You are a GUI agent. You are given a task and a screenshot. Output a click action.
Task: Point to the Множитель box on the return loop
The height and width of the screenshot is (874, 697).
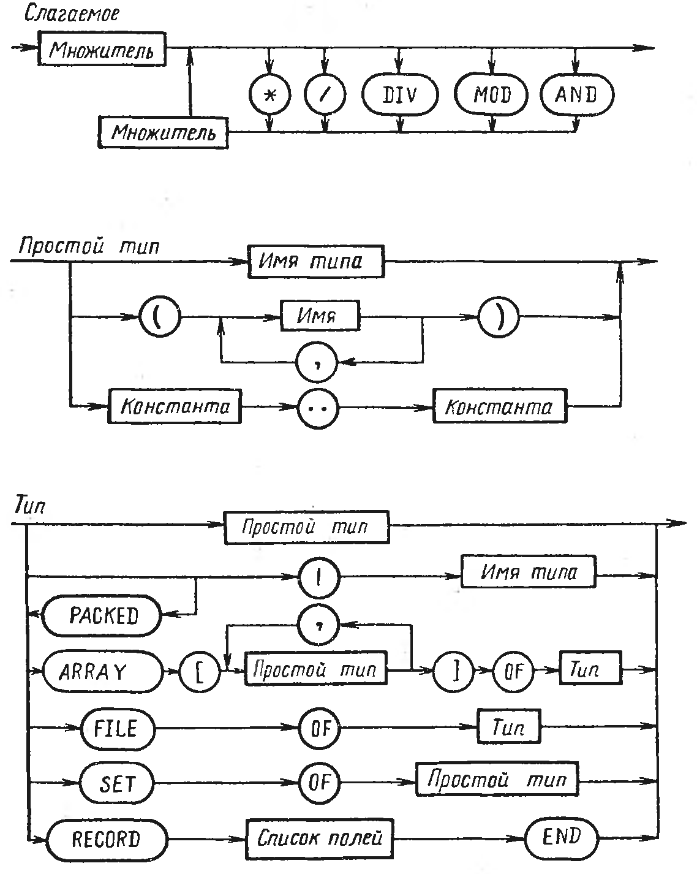pos(163,131)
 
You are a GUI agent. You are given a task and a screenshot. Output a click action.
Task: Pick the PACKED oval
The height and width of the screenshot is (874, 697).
pos(102,615)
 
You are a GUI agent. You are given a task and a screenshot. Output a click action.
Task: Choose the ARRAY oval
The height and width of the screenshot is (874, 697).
pos(102,672)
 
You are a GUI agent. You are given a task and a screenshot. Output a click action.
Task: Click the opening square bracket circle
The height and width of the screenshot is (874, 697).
pos(201,672)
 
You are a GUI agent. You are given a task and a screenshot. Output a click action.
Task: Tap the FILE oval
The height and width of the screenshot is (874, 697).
pos(117,728)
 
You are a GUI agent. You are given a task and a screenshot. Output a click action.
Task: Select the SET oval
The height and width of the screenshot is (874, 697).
pos(117,784)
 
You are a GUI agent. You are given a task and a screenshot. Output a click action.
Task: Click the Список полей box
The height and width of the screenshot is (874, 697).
pos(319,837)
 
